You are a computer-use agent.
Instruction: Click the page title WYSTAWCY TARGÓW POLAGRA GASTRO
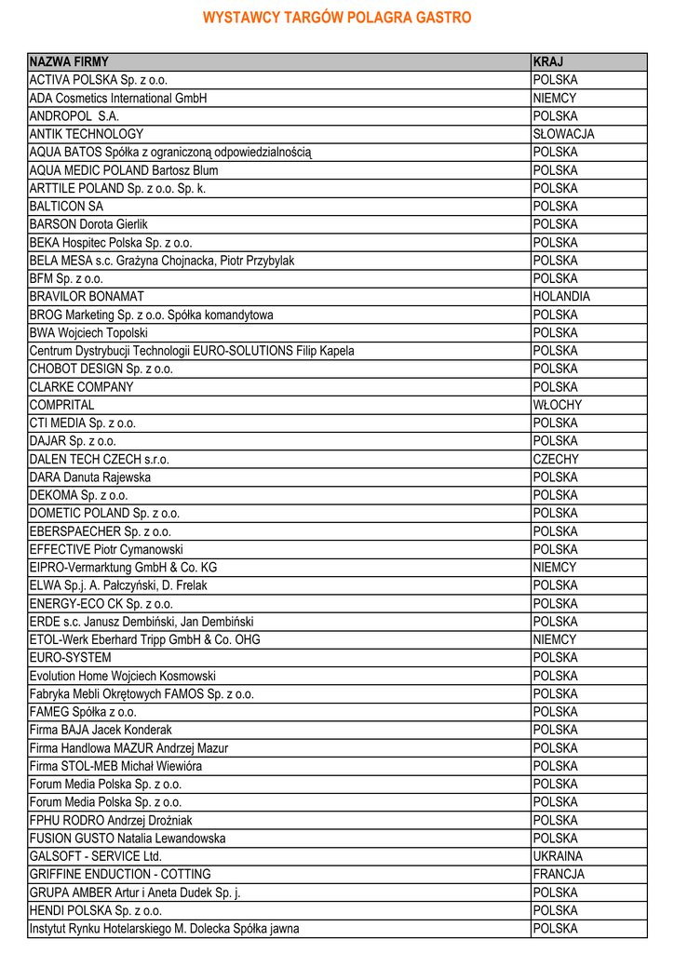337,18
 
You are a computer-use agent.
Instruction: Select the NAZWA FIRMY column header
69,61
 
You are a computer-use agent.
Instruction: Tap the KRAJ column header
548,61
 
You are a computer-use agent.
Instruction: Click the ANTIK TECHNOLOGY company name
87,134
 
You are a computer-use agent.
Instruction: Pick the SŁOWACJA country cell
563,134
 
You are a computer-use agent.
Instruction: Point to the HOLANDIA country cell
561,297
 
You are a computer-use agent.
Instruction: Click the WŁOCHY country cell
558,405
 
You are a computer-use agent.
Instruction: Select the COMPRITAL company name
61,405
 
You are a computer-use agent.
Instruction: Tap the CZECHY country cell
556,459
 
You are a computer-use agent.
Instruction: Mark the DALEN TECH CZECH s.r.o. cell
100,459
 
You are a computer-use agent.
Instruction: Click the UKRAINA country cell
558,856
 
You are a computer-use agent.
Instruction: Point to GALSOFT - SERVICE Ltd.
96,856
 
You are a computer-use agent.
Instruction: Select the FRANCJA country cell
559,874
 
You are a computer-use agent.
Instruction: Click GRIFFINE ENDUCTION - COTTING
120,874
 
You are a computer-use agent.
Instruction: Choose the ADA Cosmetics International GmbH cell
118,98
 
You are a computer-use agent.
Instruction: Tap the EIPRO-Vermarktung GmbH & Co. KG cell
123,567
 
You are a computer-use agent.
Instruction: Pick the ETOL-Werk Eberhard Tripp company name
144,639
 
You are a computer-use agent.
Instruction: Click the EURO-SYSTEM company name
70,658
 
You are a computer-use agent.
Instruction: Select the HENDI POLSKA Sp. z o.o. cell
96,910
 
